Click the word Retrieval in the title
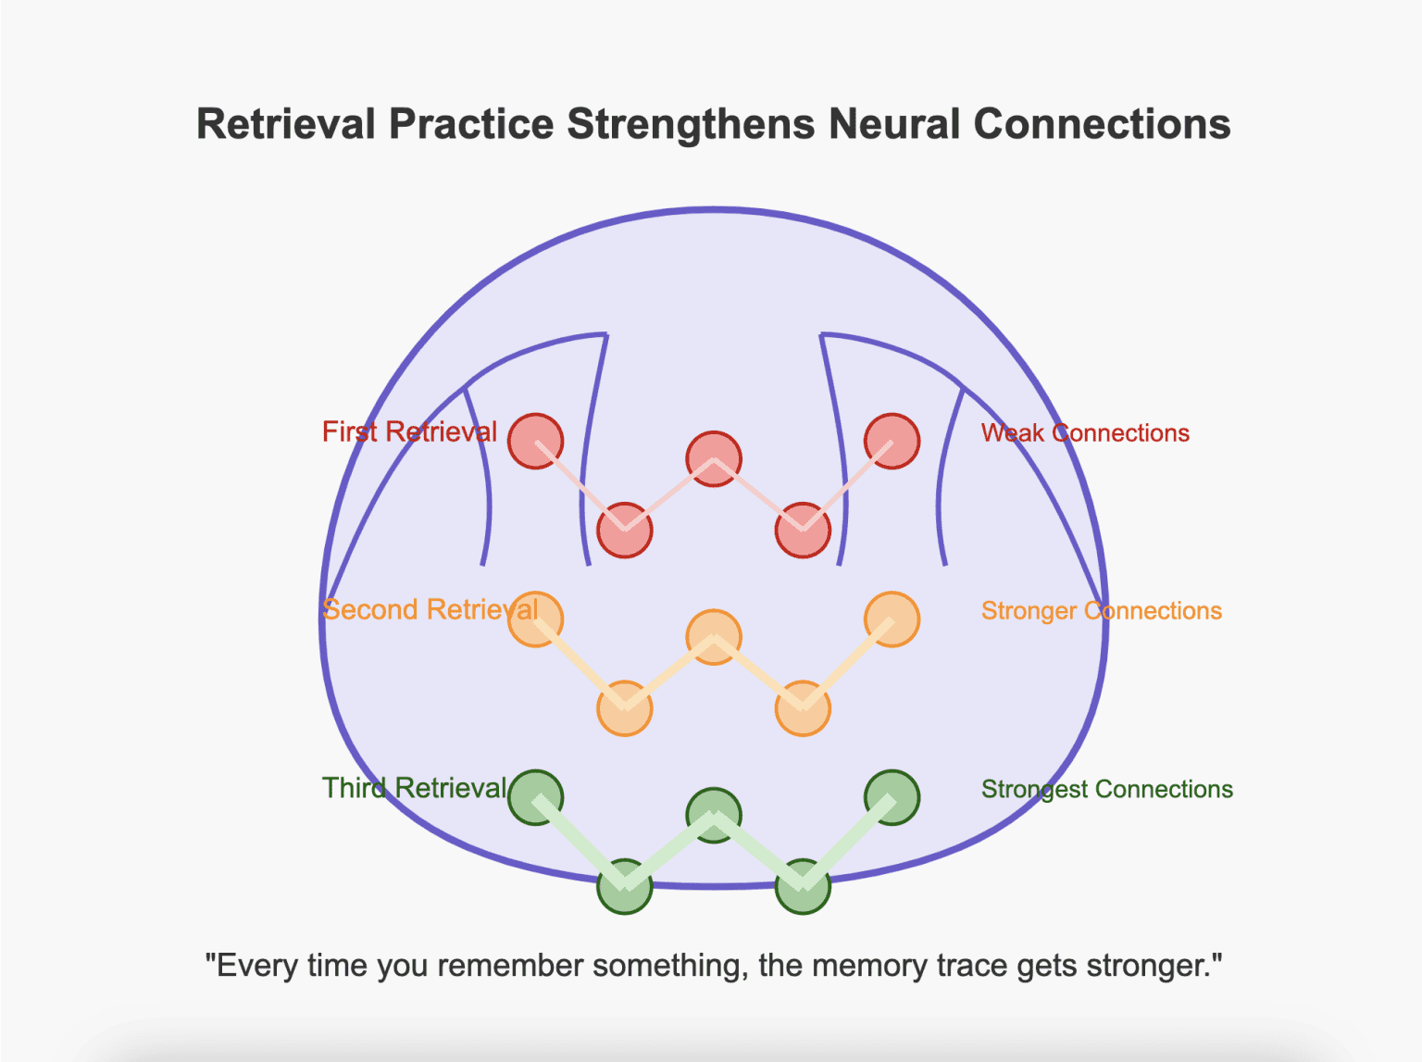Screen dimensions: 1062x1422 pyautogui.click(x=285, y=124)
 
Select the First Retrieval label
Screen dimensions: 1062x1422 pyautogui.click(x=409, y=432)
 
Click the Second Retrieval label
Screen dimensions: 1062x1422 pyautogui.click(x=430, y=610)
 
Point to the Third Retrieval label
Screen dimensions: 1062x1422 pyautogui.click(x=414, y=789)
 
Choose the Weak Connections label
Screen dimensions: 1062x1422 pyautogui.click(x=1085, y=433)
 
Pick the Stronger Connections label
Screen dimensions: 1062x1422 pyautogui.click(x=1101, y=611)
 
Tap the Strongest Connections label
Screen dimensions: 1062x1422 pyautogui.click(x=1106, y=790)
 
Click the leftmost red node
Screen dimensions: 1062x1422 pyautogui.click(x=536, y=441)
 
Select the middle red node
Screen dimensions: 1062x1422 pyautogui.click(x=714, y=458)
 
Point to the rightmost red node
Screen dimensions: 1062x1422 pyautogui.click(x=892, y=441)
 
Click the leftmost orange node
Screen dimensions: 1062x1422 pyautogui.click(x=536, y=618)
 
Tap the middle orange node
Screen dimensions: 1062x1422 pyautogui.click(x=714, y=637)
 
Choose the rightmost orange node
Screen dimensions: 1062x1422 pyautogui.click(x=892, y=618)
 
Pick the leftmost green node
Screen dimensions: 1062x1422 pyautogui.click(x=536, y=797)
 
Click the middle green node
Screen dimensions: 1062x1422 pyautogui.click(x=714, y=815)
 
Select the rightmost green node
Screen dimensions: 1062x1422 pyautogui.click(x=892, y=797)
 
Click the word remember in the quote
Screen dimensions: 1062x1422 pyautogui.click(x=510, y=967)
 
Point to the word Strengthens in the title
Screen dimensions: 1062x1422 pyautogui.click(x=691, y=124)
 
